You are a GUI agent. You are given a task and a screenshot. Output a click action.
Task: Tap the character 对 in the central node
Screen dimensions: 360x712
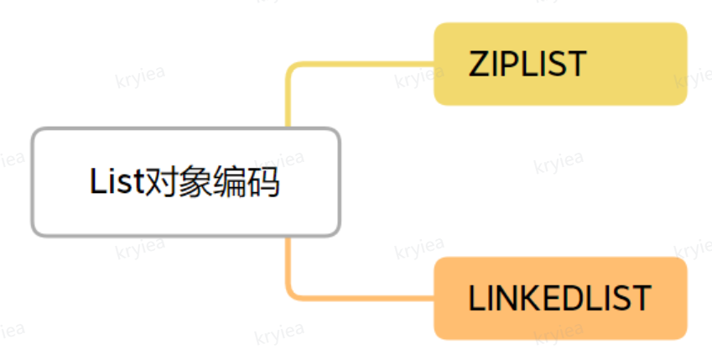(153, 182)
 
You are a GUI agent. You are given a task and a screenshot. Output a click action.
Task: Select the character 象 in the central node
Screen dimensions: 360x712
(188, 182)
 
